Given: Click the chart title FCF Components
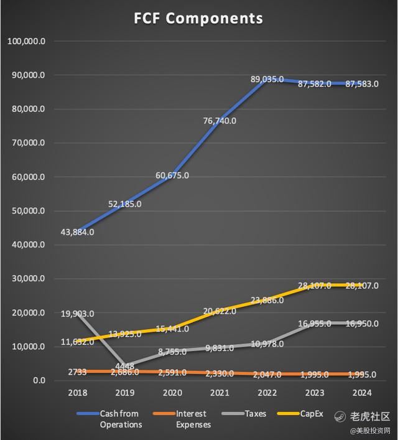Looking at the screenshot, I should (x=198, y=18).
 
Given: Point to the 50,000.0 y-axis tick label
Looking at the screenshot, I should (x=29, y=211).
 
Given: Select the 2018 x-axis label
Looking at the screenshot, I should (x=78, y=393).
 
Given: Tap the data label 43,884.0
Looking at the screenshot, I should (x=78, y=232).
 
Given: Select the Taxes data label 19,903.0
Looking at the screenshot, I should (x=78, y=314).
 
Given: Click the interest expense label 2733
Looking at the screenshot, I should (x=78, y=372).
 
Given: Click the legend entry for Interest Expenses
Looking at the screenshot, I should (x=188, y=419).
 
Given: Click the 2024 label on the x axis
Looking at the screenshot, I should (x=363, y=393).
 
